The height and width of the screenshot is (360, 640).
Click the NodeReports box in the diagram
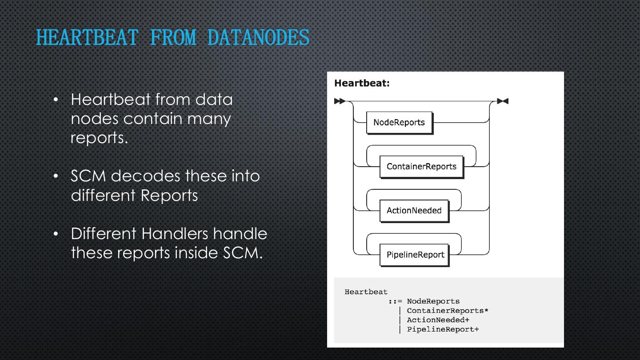399,123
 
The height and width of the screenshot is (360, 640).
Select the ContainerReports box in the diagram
421,167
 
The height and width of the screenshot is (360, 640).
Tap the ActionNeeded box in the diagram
414,211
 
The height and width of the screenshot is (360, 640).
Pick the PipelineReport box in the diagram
415,255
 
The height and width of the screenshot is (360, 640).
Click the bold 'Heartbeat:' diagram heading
362,83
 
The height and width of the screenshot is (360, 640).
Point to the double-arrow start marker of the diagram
340,101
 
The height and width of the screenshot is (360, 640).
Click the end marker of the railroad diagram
503,101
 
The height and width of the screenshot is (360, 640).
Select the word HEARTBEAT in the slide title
87,37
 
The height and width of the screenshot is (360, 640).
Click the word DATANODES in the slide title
258,37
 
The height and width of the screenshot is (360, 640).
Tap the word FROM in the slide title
173,37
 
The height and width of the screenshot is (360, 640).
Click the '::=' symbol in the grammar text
395,301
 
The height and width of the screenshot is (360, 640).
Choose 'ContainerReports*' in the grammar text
448,311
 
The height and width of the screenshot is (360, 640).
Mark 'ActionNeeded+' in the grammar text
438,320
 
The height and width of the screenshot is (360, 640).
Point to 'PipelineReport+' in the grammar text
443,329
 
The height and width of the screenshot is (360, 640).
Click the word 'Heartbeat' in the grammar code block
366,292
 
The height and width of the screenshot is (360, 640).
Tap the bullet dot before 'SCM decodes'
56,176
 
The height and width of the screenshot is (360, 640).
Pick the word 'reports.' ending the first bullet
99,138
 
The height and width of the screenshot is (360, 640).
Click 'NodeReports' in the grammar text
433,301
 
